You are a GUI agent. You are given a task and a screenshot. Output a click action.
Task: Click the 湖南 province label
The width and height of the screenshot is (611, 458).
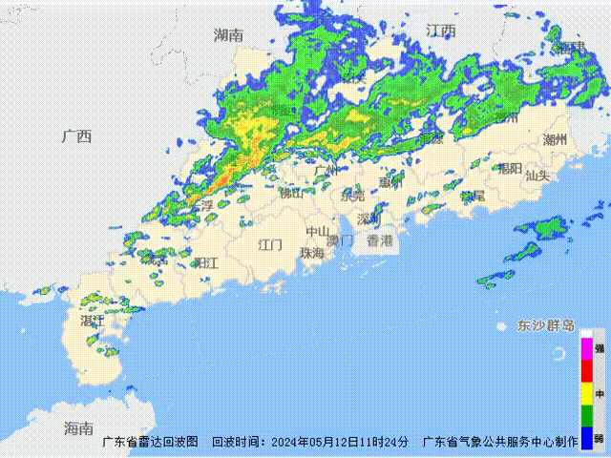coord(228,35)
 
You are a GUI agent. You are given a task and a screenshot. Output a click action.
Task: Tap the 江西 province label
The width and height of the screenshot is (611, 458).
coord(441,31)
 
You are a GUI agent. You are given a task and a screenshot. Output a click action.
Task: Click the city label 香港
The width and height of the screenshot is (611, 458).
coord(379,240)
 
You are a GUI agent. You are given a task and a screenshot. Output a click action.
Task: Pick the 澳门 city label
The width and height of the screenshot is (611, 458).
coord(340,240)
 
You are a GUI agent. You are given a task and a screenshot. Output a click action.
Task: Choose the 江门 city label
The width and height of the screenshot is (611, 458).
coord(270,244)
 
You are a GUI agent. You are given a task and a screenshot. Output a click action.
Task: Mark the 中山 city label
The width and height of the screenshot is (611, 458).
coord(318,231)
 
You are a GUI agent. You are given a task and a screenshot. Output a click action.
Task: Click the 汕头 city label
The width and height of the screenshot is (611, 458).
coord(537,176)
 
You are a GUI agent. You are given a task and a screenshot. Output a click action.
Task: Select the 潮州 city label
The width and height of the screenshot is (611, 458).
coord(555,139)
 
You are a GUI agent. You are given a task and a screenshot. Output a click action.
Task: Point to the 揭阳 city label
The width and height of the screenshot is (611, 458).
coord(510,169)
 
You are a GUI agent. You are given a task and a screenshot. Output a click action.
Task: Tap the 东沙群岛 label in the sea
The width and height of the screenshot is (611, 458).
coord(546,325)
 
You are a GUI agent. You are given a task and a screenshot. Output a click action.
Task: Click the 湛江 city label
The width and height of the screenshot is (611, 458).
coord(93,322)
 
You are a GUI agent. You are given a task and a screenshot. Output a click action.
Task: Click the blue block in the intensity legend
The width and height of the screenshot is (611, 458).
coord(586,439)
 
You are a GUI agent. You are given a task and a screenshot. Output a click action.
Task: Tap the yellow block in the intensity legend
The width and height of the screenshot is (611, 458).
coord(586,394)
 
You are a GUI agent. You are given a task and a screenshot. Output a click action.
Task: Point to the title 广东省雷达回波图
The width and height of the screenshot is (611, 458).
coord(150,442)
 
